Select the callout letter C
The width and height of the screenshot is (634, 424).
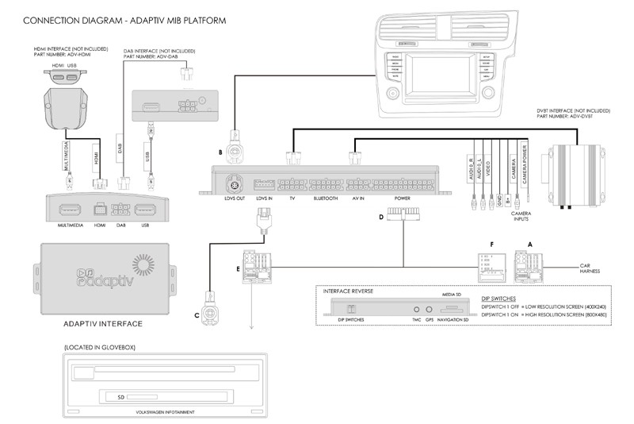pyautogui.click(x=197, y=314)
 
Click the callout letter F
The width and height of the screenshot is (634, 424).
pyautogui.click(x=492, y=245)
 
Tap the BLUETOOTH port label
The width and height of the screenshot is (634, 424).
pyautogui.click(x=325, y=198)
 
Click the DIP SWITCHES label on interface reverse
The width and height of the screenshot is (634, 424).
pyautogui.click(x=350, y=318)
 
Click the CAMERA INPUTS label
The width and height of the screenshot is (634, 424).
pyautogui.click(x=521, y=217)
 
